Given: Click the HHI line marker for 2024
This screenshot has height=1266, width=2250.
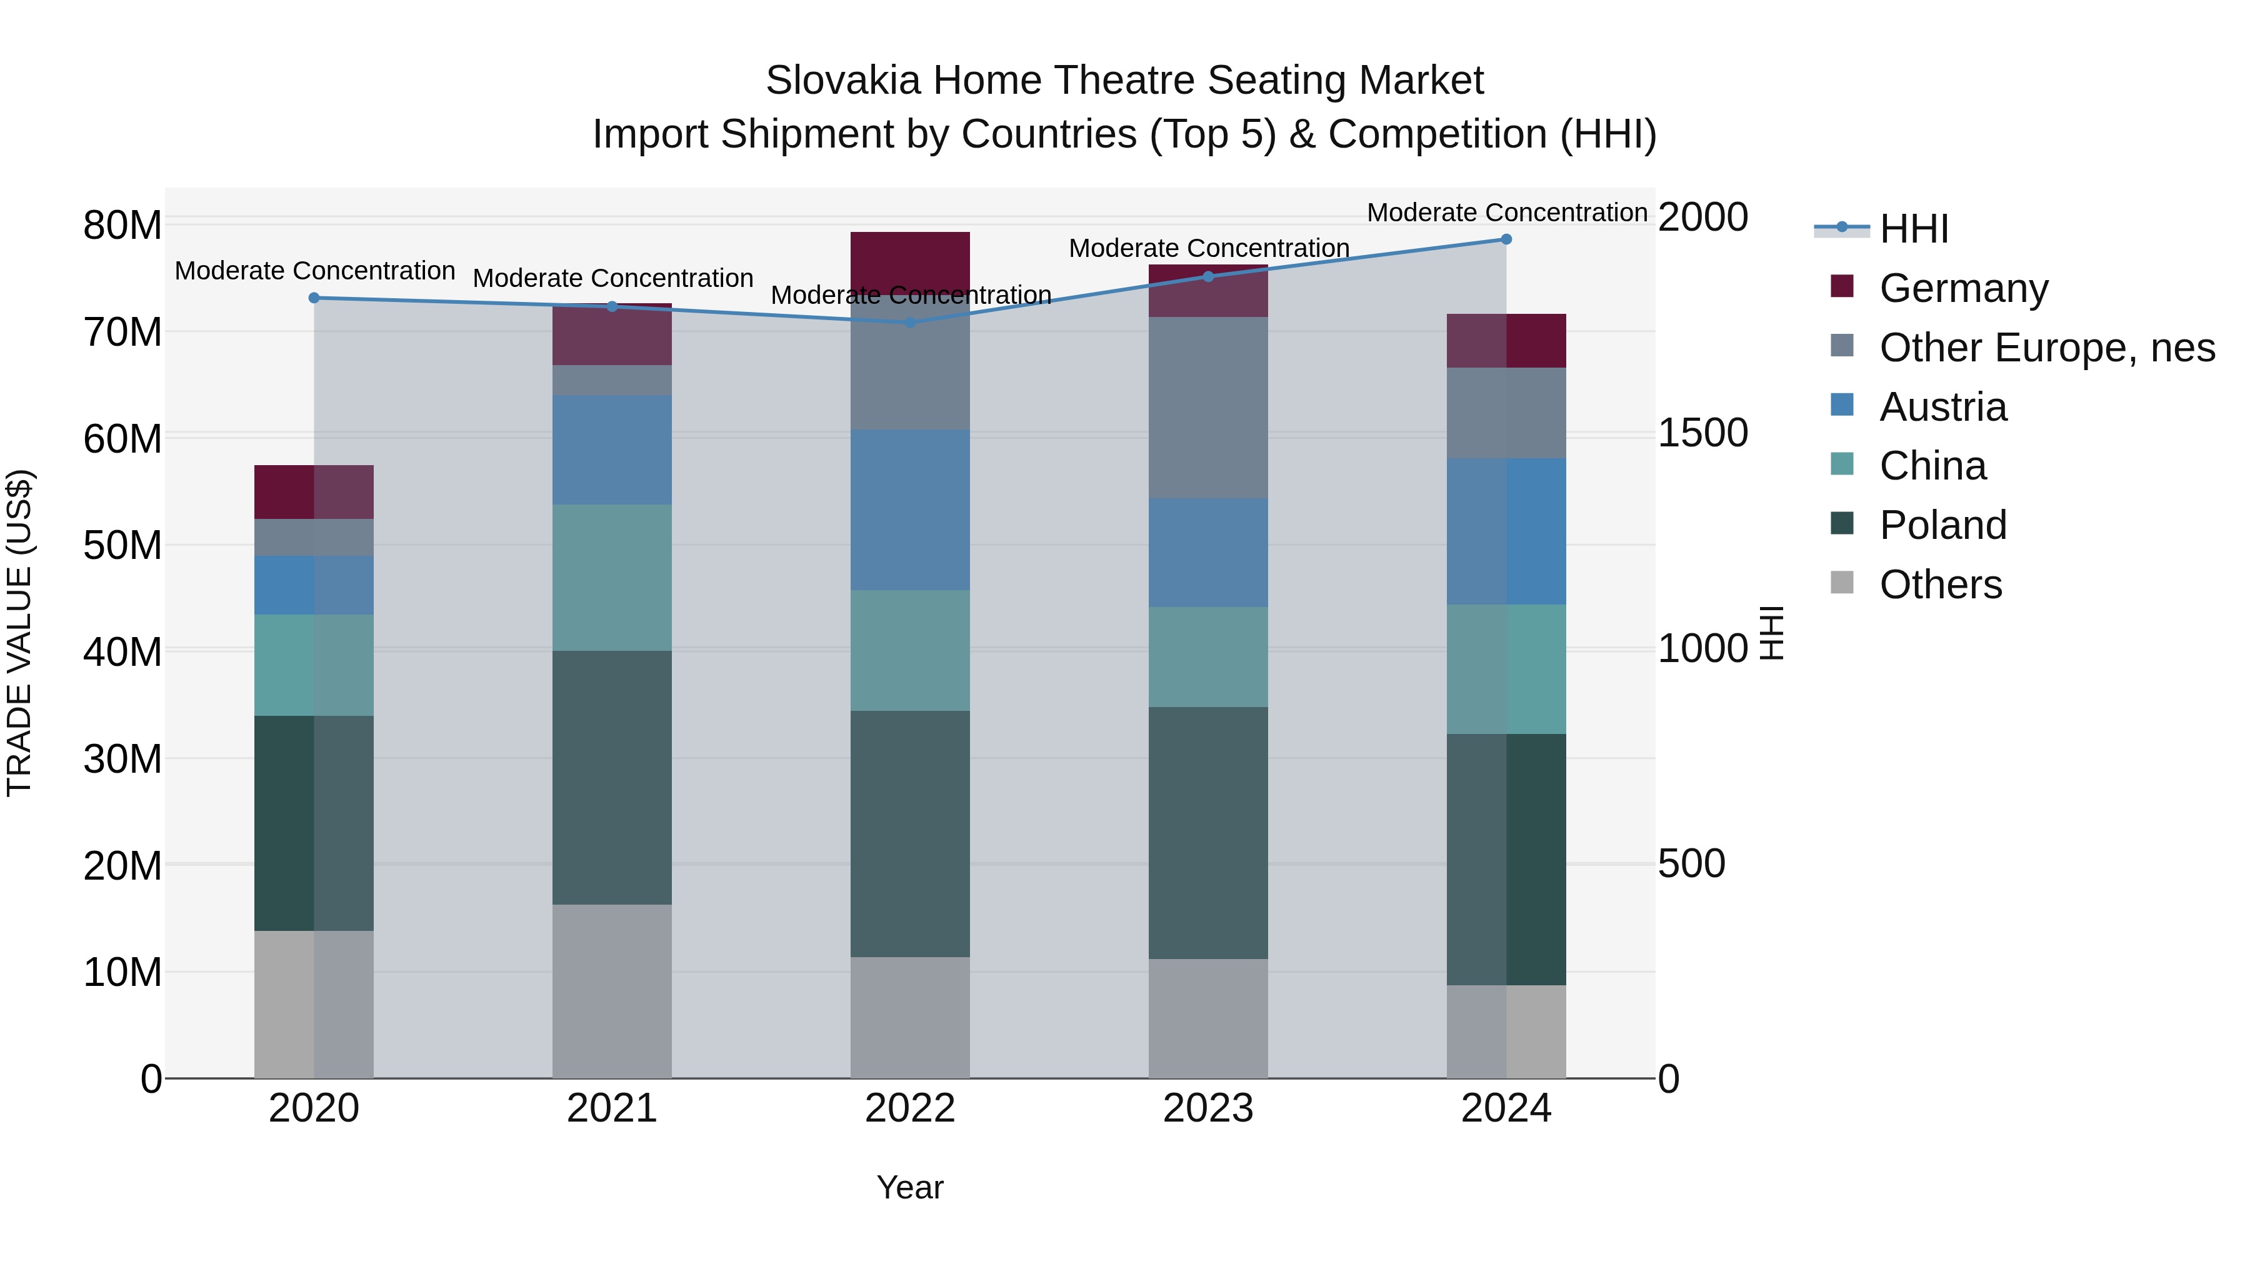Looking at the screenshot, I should (x=1506, y=239).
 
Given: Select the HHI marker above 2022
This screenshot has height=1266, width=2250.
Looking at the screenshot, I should (x=910, y=323).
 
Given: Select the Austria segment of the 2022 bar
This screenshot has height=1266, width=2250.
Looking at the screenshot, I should (x=910, y=510).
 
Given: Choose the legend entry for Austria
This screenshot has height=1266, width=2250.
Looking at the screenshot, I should (x=1942, y=407).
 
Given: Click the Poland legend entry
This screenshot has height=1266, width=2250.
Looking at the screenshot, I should (x=1942, y=525).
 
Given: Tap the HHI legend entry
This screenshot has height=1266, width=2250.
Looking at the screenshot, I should (x=1913, y=229).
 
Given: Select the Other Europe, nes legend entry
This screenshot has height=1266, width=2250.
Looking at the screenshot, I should (x=2046, y=348).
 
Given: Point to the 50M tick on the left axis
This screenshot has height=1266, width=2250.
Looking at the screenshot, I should (x=122, y=546).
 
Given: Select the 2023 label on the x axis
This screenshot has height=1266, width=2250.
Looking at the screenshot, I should (x=1208, y=1108).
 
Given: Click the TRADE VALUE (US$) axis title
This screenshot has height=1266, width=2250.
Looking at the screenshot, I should (x=19, y=633).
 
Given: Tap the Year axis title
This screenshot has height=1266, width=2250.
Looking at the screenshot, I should (x=910, y=1187).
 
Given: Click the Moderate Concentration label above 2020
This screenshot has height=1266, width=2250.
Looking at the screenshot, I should (x=314, y=271).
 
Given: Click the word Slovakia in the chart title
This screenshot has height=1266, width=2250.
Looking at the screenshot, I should (x=843, y=81).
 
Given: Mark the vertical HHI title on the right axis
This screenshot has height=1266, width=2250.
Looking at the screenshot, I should (x=1771, y=633).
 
